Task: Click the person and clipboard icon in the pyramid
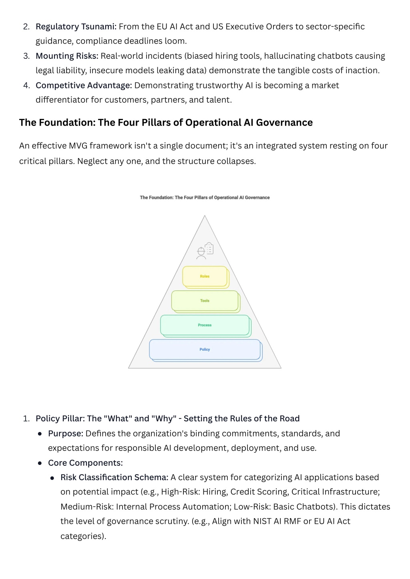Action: (x=205, y=251)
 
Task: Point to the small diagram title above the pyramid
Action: (x=205, y=198)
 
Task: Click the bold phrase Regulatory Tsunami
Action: (x=76, y=27)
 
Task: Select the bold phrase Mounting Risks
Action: (x=67, y=56)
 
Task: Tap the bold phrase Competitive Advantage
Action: (x=84, y=86)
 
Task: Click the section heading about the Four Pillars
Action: (x=166, y=122)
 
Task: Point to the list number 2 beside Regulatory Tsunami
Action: (x=26, y=27)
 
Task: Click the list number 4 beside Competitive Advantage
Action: (x=26, y=85)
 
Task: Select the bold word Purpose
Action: (x=66, y=433)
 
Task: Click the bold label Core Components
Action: (x=85, y=463)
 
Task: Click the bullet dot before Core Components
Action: (x=40, y=463)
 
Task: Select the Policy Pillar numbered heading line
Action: (x=167, y=419)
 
